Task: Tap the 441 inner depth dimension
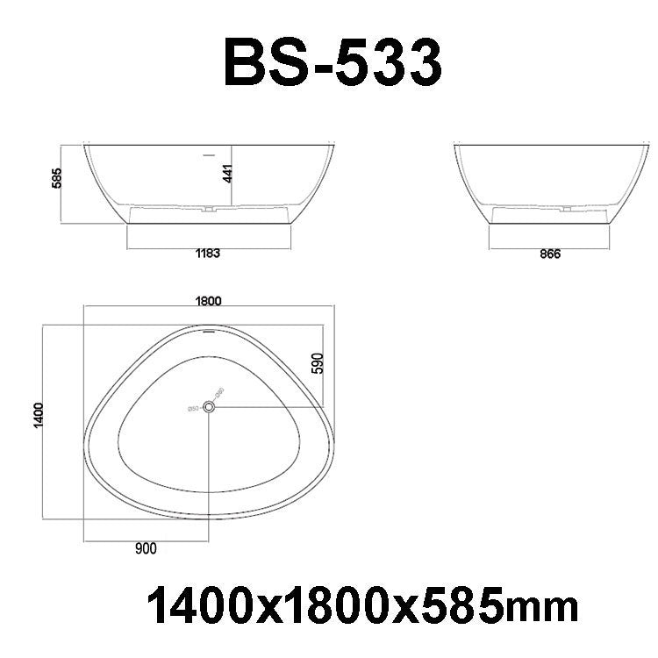(x=227, y=173)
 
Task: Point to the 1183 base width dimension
(x=207, y=254)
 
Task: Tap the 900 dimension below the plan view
(x=146, y=550)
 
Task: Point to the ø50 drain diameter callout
(x=191, y=406)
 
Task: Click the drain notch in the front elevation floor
(x=211, y=210)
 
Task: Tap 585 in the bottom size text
(x=464, y=606)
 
